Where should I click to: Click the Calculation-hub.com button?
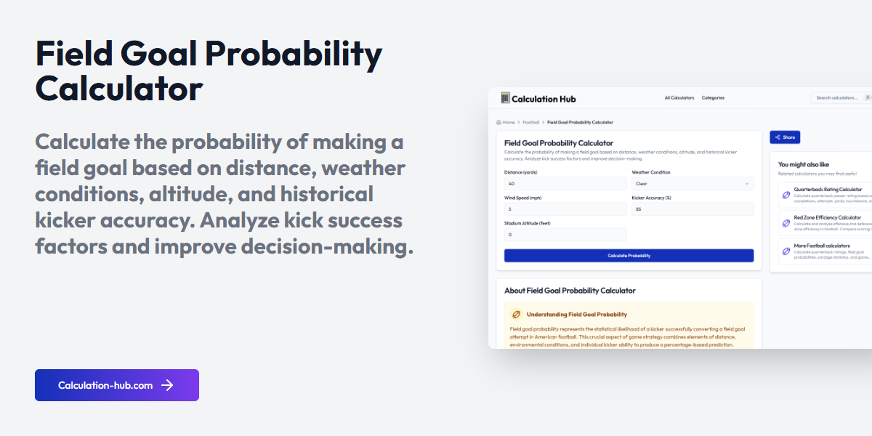(116, 385)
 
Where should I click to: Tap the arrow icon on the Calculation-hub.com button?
(167, 385)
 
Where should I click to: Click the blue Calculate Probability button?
(629, 256)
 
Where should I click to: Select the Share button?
(785, 137)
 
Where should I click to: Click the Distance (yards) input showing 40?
(565, 184)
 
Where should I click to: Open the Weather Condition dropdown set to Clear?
(692, 184)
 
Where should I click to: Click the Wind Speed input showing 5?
(565, 209)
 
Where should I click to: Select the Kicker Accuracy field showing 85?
(692, 209)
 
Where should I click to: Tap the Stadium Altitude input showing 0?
(565, 235)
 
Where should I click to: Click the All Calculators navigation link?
(679, 97)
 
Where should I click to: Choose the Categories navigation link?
(713, 97)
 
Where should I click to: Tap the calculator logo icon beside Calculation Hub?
(506, 97)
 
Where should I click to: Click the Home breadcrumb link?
(506, 122)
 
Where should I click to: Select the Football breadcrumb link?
(531, 122)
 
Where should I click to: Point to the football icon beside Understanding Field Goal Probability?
(517, 315)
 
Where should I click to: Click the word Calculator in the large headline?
(119, 89)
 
